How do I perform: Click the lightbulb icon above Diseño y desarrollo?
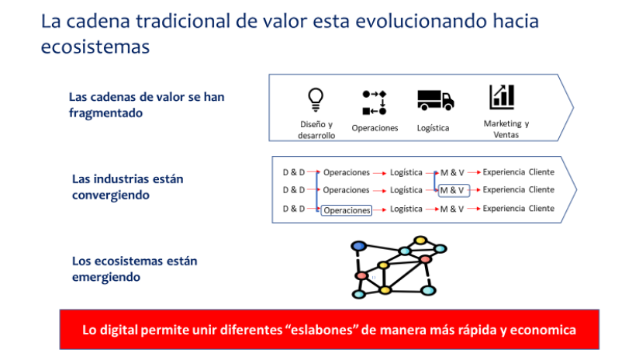[316, 100]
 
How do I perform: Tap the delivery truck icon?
[435, 100]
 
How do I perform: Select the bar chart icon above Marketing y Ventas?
[502, 97]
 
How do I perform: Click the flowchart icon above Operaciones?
[374, 102]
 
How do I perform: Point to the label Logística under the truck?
[433, 128]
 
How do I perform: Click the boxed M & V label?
[454, 190]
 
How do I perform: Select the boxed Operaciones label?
[347, 210]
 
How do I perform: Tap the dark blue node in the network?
[358, 246]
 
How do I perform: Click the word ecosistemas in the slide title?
[95, 47]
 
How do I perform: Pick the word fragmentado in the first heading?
[105, 113]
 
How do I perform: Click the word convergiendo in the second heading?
[111, 196]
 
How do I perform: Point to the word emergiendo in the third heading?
[106, 277]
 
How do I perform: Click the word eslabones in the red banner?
[320, 330]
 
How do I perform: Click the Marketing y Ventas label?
[506, 129]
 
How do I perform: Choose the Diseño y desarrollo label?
[316, 130]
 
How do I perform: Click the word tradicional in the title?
[183, 21]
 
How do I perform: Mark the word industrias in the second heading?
[127, 179]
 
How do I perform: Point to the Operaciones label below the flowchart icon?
[375, 128]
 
